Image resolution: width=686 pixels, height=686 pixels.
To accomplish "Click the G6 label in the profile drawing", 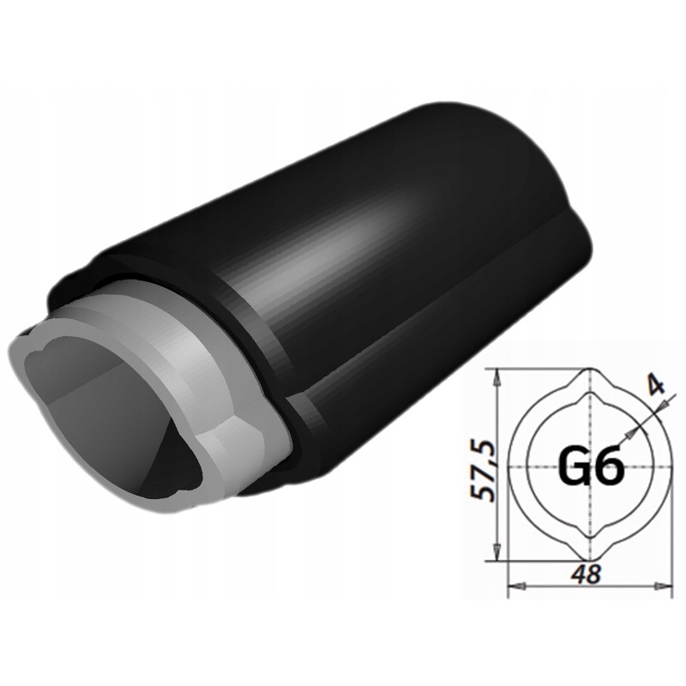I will (589, 466).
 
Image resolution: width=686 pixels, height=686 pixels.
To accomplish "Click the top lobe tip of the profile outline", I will (589, 370).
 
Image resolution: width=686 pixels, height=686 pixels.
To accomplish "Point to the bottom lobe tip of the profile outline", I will (589, 563).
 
